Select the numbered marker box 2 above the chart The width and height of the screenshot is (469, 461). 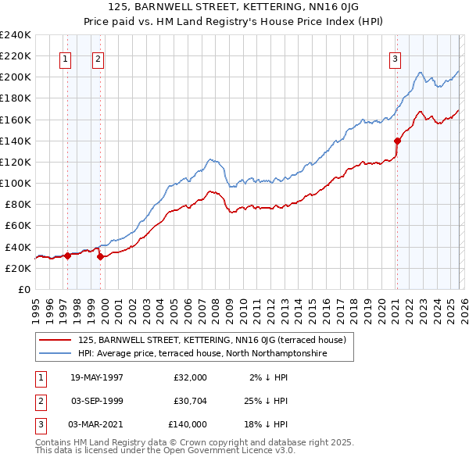(x=98, y=58)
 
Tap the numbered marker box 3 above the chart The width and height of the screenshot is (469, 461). (x=396, y=58)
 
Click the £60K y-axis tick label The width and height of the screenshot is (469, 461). (x=17, y=225)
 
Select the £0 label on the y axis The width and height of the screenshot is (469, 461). (x=25, y=289)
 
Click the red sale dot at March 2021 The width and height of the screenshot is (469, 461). (x=397, y=141)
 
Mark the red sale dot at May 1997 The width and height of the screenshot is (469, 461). (x=68, y=255)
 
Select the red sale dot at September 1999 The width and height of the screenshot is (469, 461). (x=100, y=256)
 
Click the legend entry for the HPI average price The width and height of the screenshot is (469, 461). (x=202, y=353)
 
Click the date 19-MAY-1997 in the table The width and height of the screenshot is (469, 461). (x=97, y=377)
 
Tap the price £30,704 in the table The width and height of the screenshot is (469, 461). (x=188, y=401)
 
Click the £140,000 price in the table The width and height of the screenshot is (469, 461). (x=188, y=424)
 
